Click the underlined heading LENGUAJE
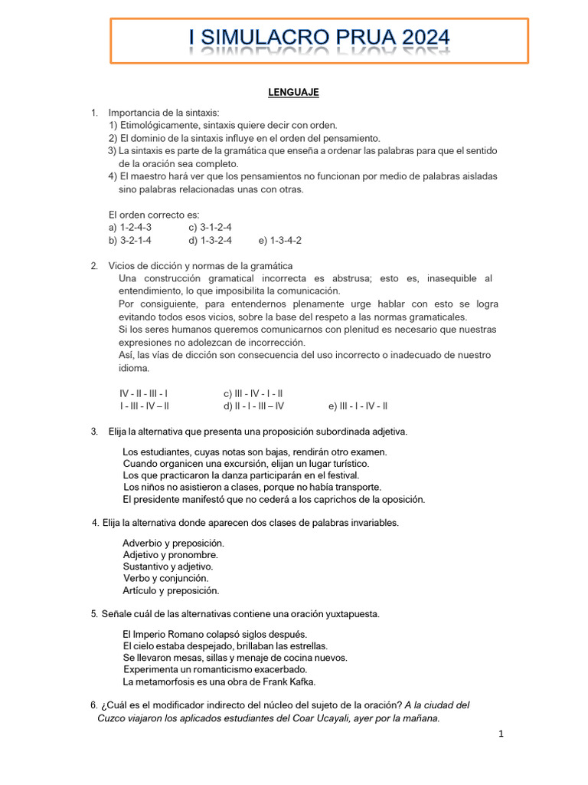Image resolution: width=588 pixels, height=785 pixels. (x=293, y=93)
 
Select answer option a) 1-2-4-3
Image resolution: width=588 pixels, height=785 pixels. (x=130, y=228)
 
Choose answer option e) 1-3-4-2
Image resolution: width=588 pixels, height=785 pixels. (x=280, y=240)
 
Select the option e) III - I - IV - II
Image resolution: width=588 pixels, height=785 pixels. (x=358, y=406)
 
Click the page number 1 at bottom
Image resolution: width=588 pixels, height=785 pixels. (x=501, y=734)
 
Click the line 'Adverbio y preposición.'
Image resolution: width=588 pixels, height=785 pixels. (x=173, y=543)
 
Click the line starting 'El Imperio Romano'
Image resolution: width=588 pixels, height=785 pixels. (x=204, y=634)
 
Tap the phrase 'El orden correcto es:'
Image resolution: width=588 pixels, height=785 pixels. (x=154, y=215)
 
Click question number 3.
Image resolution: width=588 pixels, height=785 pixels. (x=93, y=432)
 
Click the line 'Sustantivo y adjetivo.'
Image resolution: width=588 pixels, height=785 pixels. (x=168, y=567)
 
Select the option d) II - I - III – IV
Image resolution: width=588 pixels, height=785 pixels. (x=253, y=406)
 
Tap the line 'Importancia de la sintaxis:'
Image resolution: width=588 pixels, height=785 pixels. (x=165, y=113)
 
